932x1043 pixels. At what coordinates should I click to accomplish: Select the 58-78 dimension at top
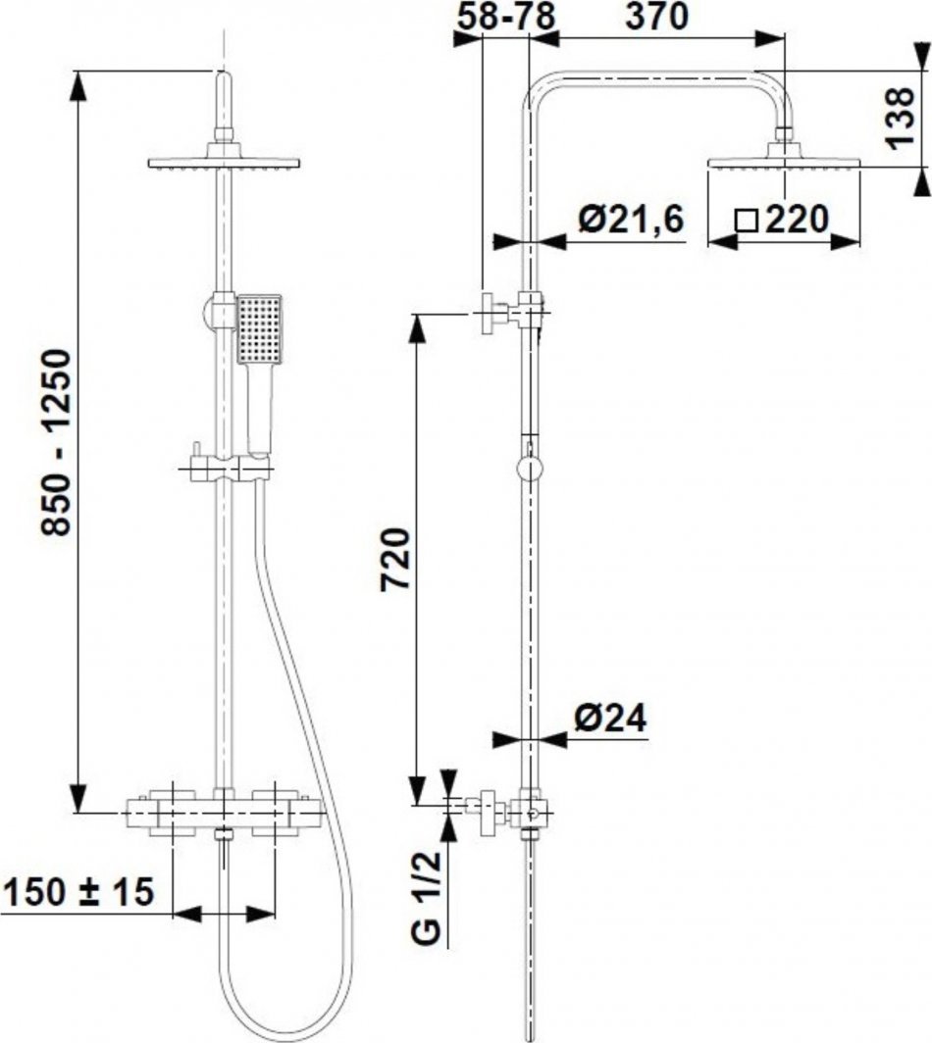coord(504,17)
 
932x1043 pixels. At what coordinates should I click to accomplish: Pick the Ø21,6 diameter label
coord(629,221)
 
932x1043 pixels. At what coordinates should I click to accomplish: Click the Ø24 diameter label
coord(609,720)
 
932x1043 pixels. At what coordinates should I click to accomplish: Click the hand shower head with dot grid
coord(259,327)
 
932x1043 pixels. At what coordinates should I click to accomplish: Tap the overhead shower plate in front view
coord(224,162)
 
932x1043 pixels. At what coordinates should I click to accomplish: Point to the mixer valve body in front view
coord(225,811)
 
